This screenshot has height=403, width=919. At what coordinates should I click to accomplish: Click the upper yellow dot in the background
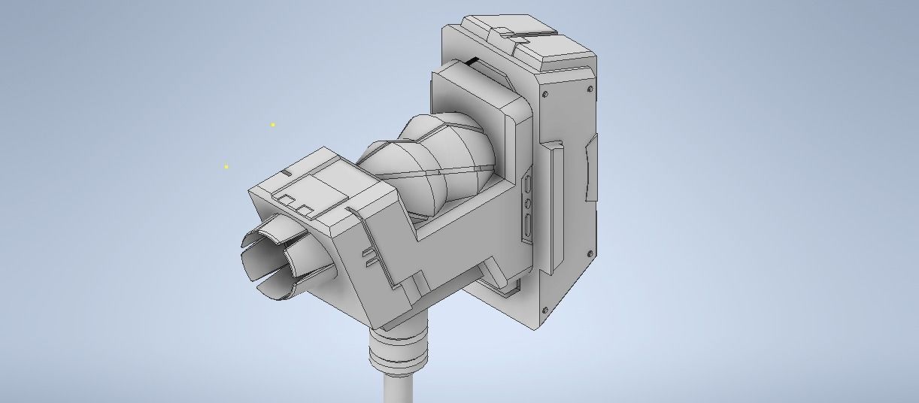[273, 125]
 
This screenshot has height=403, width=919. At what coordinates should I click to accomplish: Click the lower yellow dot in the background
[226, 167]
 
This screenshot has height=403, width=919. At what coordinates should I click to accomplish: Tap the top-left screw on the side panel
[545, 94]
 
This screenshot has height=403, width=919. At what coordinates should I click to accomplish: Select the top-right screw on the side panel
[590, 89]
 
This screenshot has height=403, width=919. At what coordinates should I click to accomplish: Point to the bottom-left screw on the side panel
[542, 311]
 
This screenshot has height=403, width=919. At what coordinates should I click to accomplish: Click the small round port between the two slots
[529, 203]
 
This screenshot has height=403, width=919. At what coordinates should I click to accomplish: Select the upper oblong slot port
[529, 185]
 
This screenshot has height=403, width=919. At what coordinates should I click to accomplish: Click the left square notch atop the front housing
[287, 200]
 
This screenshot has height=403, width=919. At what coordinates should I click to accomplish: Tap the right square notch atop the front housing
[305, 208]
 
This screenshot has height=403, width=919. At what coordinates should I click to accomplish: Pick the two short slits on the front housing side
[369, 256]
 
